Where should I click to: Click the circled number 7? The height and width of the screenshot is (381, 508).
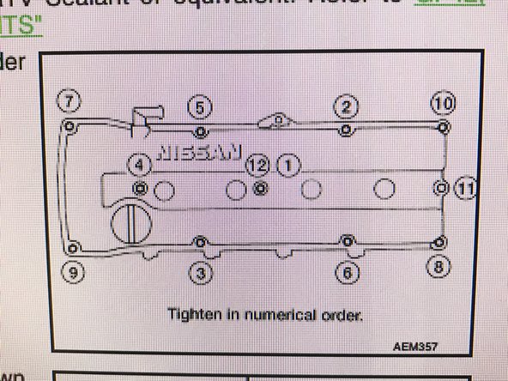(70, 101)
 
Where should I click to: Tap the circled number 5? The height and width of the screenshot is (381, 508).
(199, 107)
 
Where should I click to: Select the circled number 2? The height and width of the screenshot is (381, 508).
(345, 106)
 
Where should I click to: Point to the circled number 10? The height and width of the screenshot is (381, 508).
(442, 104)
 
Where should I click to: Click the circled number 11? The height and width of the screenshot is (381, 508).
(464, 188)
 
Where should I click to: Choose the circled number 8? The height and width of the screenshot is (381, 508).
(439, 266)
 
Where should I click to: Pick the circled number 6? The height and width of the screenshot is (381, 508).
(347, 273)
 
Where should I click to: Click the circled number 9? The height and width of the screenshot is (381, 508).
(73, 273)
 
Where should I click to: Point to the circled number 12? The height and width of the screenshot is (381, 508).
(257, 163)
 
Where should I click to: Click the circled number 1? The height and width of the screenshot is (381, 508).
(288, 163)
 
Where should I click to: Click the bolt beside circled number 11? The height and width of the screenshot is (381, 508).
(441, 187)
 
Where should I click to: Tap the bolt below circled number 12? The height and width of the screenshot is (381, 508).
(260, 186)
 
